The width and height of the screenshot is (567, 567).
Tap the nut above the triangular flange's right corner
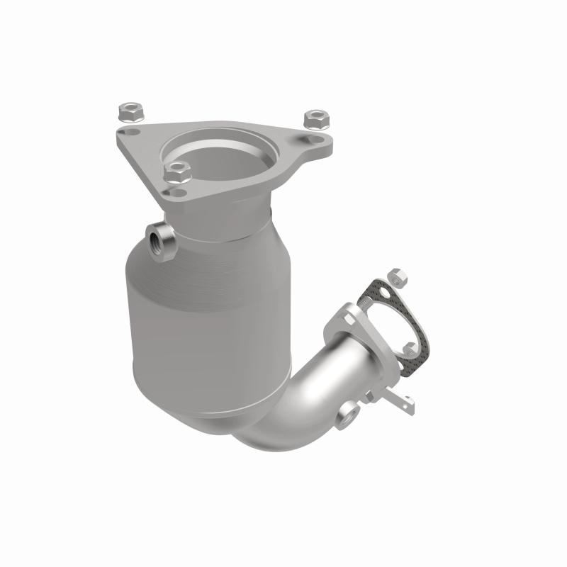coord(313,117)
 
